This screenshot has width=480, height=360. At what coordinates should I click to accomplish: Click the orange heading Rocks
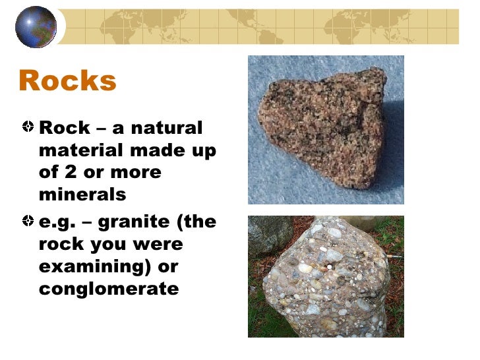tap(67, 81)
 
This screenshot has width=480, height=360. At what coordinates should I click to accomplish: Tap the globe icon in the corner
tap(36, 26)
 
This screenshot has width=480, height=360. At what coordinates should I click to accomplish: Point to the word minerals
tap(82, 195)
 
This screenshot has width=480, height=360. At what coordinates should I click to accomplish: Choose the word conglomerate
tap(109, 289)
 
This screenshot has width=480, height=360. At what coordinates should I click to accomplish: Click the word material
tap(81, 150)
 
